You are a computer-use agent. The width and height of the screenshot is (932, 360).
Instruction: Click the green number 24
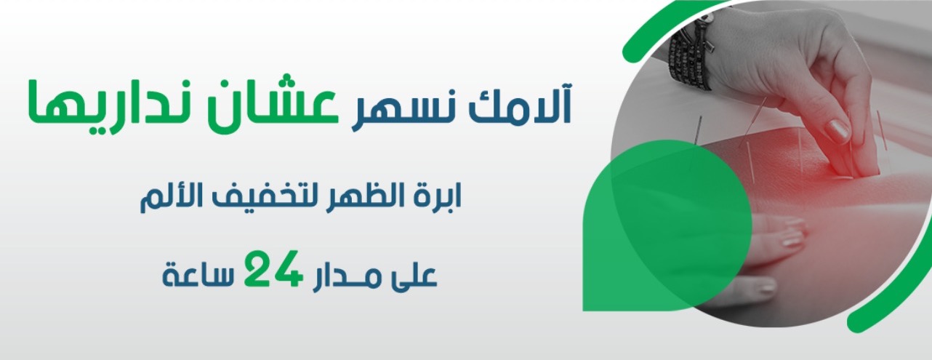pos(272,269)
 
